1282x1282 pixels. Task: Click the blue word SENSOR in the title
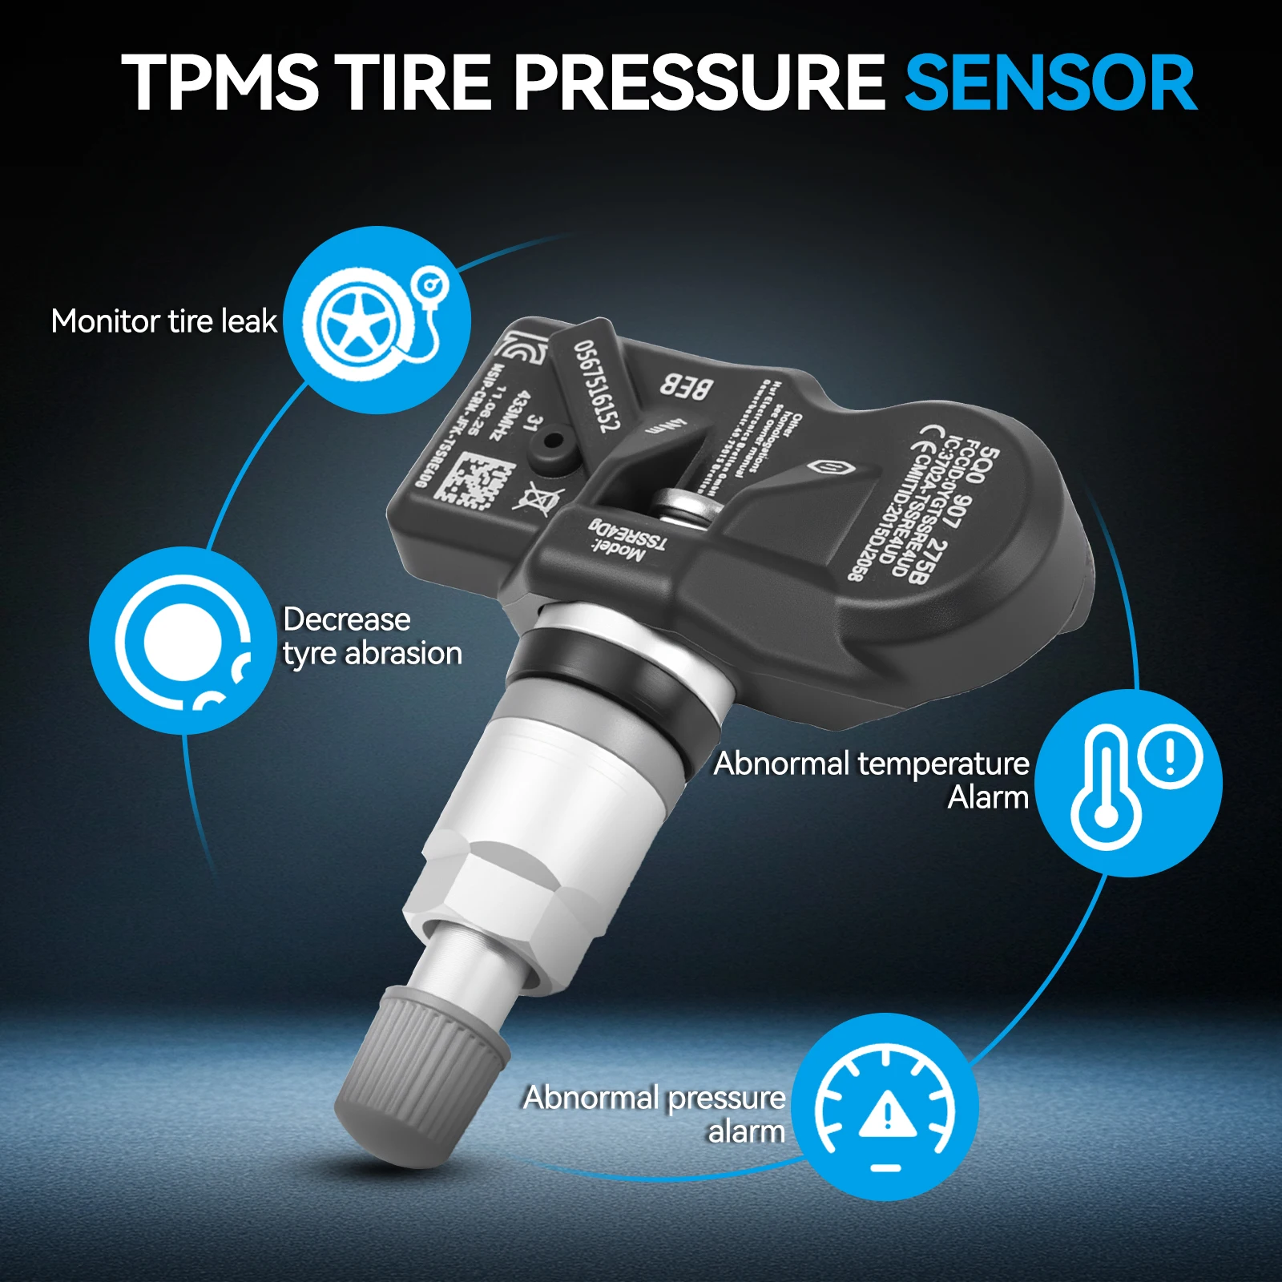coord(1050,83)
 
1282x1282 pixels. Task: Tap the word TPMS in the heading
coord(220,83)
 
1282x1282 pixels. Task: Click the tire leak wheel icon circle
coord(377,320)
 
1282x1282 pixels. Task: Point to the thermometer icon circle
coord(1128,783)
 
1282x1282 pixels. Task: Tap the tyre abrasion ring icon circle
coord(183,640)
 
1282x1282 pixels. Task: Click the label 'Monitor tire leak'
coord(163,321)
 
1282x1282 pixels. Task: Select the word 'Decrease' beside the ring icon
coord(346,619)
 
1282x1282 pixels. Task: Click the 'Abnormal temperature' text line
coord(871,764)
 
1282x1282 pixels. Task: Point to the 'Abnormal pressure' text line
coord(654,1098)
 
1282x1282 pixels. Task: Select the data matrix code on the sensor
coord(472,480)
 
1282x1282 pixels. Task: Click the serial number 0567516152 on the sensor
coord(597,385)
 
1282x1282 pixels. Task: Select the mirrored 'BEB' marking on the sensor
coord(686,387)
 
